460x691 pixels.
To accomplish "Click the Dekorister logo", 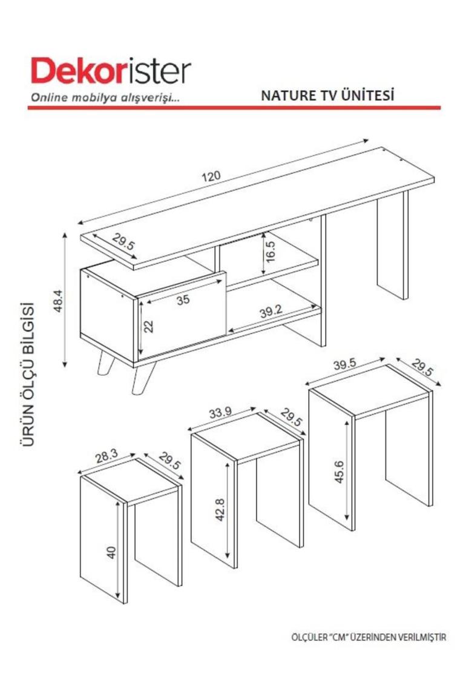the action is click(111, 70).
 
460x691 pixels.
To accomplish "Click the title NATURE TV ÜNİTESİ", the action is click(327, 95).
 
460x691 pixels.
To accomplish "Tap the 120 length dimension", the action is click(211, 176).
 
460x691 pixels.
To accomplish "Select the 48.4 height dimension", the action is click(58, 301).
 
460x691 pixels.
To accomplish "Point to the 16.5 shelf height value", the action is click(270, 252).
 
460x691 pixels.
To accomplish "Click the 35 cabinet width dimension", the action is click(183, 299).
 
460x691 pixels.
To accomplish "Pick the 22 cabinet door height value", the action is click(148, 327).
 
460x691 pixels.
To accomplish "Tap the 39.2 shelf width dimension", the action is click(271, 312).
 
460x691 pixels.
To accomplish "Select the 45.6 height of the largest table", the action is click(339, 472).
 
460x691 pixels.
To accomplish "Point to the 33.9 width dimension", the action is click(220, 413).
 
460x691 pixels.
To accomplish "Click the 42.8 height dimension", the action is click(220, 510).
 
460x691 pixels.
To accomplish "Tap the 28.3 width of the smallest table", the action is click(107, 456).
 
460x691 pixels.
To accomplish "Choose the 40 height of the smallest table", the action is click(112, 553).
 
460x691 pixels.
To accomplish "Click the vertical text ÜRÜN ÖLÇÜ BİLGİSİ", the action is click(28, 374).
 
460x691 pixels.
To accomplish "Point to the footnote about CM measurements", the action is click(369, 637).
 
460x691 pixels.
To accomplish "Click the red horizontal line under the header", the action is click(234, 107).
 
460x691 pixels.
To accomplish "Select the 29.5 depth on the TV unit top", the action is click(123, 241).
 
